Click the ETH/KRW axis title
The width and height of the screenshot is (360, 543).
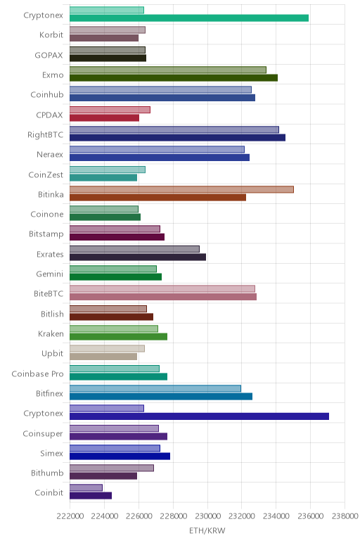click(207, 530)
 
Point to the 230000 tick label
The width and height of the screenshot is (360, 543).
click(207, 516)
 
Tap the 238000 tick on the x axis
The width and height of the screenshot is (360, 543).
click(345, 516)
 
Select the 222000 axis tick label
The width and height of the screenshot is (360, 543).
click(70, 516)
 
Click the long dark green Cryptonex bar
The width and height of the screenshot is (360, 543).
click(189, 18)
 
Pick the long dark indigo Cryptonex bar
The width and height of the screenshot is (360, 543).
click(199, 416)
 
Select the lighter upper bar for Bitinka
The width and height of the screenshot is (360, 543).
click(181, 189)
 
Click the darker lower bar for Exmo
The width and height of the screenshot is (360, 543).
click(174, 78)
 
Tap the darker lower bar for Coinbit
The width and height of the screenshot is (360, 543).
click(91, 496)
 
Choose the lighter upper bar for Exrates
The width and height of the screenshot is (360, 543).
click(134, 249)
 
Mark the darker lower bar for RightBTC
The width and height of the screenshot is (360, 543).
click(178, 137)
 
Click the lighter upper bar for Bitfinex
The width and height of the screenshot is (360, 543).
click(155, 388)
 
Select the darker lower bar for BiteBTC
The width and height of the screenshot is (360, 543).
click(163, 297)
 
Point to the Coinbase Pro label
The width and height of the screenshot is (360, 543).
click(37, 374)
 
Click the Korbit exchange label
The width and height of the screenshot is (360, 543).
click(51, 34)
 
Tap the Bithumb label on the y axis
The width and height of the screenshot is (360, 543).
click(47, 473)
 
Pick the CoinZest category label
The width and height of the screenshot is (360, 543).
click(46, 175)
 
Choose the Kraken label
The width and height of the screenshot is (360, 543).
click(51, 334)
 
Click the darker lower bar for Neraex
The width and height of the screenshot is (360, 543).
click(160, 158)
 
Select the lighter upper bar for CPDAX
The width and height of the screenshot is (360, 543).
click(110, 110)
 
